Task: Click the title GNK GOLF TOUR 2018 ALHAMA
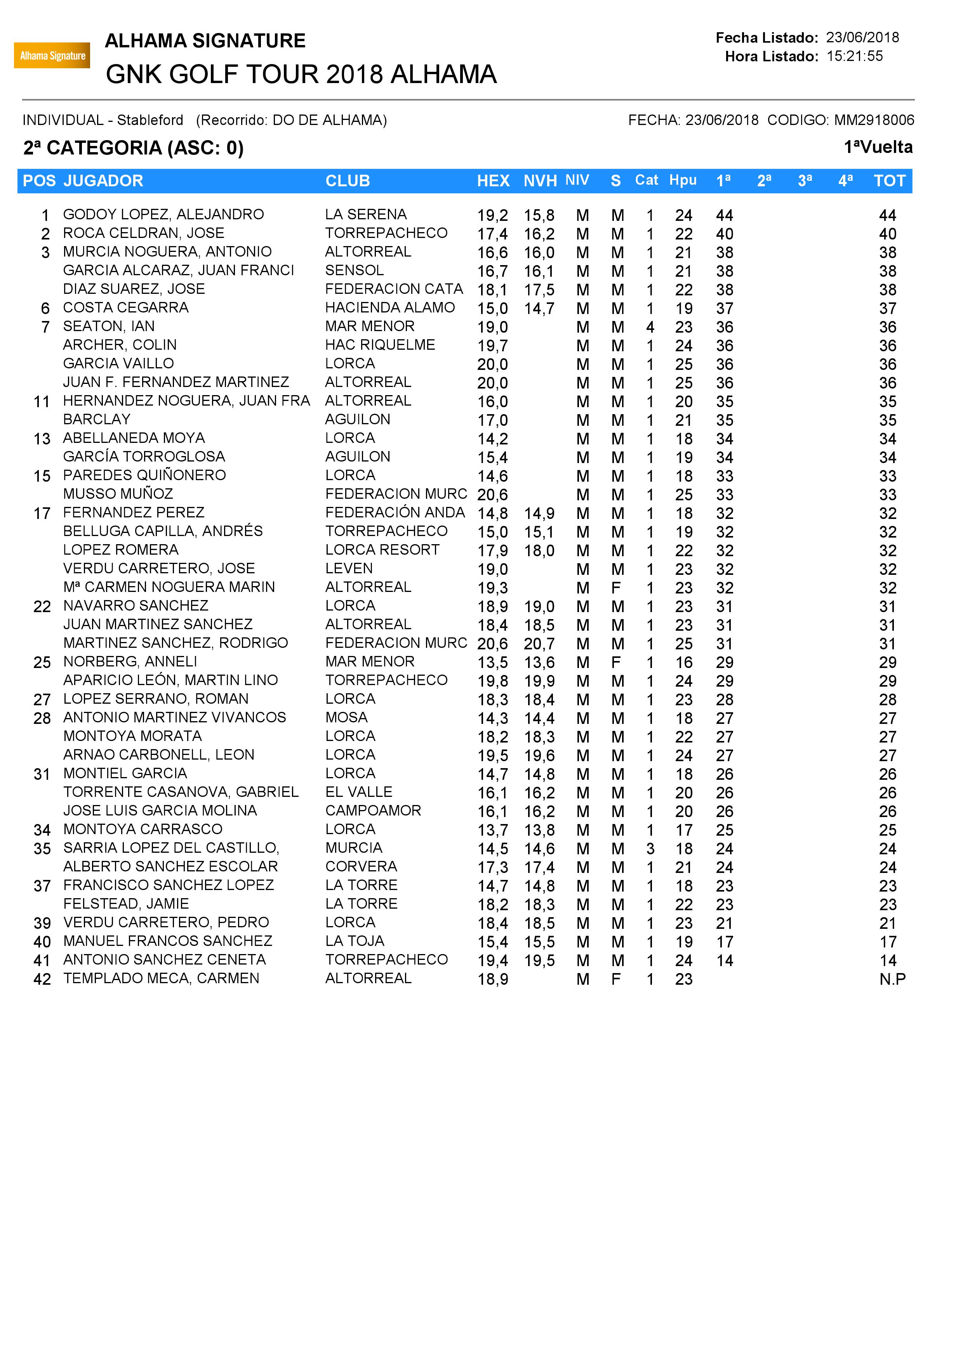pyautogui.click(x=301, y=75)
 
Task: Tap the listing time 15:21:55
pyautogui.click(x=854, y=56)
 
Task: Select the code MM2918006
pyautogui.click(x=874, y=120)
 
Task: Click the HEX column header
pyautogui.click(x=493, y=181)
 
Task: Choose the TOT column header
pyautogui.click(x=890, y=181)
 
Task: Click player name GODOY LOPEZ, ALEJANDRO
pyautogui.click(x=163, y=214)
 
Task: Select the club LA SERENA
pyautogui.click(x=365, y=214)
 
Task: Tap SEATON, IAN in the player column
pyautogui.click(x=109, y=326)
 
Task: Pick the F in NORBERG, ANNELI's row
pyautogui.click(x=616, y=662)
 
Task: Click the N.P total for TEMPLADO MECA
pyautogui.click(x=892, y=979)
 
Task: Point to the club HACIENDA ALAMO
pyautogui.click(x=390, y=307)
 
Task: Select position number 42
pyautogui.click(x=42, y=979)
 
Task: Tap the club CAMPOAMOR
pyautogui.click(x=373, y=810)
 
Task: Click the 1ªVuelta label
pyautogui.click(x=878, y=147)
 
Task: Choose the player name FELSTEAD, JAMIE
pyautogui.click(x=126, y=904)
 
